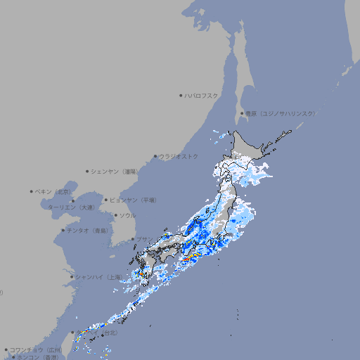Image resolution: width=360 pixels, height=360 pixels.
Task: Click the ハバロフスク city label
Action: [202, 95]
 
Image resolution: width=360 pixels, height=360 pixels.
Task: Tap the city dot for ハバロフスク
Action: [181, 95]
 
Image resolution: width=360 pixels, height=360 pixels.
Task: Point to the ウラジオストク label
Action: [179, 156]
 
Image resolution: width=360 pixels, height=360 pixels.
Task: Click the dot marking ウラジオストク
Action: [155, 156]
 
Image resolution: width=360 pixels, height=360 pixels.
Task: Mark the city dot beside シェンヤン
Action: [87, 171]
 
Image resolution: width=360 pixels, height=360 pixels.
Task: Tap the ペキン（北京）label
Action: [53, 191]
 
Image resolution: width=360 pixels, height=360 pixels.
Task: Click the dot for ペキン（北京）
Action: [31, 191]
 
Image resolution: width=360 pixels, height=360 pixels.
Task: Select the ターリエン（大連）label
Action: [70, 207]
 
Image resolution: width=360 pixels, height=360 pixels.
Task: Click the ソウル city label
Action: [127, 215]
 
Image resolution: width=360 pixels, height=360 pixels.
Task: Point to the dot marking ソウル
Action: [115, 215]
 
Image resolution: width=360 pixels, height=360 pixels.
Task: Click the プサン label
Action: [143, 240]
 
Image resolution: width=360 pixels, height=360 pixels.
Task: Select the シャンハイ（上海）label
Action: [98, 277]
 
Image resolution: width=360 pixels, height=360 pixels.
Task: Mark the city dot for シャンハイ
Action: [72, 277]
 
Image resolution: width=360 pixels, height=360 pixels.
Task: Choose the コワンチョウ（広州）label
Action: [36, 349]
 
